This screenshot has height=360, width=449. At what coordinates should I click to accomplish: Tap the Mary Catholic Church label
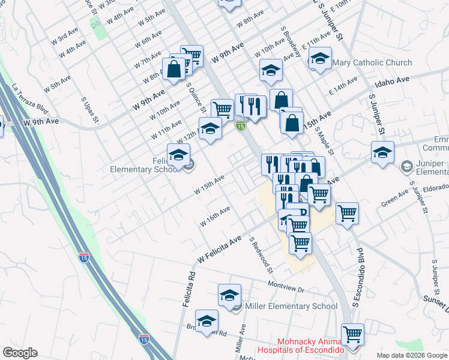(372, 62)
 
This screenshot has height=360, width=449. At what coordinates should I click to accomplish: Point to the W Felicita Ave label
(219, 248)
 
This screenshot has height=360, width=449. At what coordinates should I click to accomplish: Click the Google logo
(20, 353)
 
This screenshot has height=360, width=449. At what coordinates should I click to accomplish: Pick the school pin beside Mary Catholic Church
(320, 59)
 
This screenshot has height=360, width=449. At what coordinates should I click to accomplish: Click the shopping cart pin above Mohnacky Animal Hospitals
(352, 333)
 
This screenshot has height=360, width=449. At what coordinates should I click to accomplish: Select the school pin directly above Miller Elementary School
(229, 295)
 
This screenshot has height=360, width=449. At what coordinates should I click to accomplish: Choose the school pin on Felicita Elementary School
(178, 155)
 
